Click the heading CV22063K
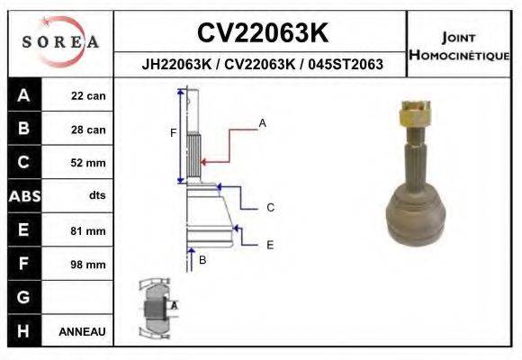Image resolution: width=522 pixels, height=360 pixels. (261, 33)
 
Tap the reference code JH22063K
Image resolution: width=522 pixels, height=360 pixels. (175, 64)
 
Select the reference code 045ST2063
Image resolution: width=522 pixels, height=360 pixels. (345, 64)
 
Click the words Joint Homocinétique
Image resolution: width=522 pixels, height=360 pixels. (461, 46)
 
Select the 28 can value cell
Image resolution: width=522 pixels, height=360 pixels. (88, 130)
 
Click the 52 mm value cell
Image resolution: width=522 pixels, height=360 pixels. (88, 163)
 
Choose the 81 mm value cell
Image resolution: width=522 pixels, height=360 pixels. (88, 231)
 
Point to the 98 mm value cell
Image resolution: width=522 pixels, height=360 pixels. (88, 265)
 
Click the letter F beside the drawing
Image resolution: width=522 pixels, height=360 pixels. (173, 134)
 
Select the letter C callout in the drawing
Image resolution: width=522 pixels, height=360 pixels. (270, 208)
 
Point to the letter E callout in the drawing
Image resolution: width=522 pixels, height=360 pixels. (270, 244)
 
